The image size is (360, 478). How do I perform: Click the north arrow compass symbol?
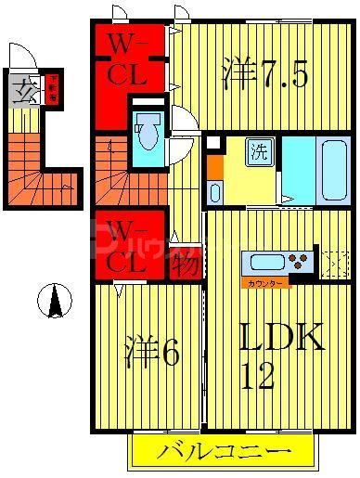(x=57, y=302)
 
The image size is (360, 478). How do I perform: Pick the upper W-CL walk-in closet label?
(x=129, y=58)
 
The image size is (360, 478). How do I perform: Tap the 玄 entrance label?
(x=25, y=94)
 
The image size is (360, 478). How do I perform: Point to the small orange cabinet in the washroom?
(x=214, y=166)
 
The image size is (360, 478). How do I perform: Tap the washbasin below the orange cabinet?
(x=214, y=192)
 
